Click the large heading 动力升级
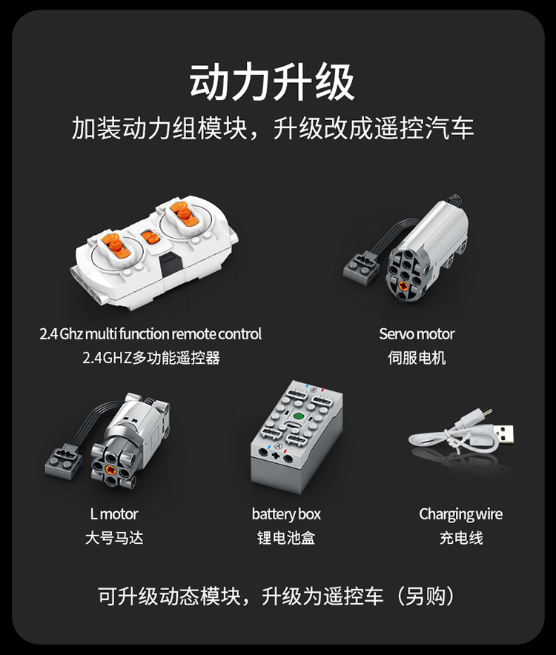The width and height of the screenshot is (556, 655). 272,82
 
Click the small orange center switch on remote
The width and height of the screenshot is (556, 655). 150,239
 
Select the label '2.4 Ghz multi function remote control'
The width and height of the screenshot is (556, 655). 150,334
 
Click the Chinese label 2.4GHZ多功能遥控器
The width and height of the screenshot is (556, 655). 151,358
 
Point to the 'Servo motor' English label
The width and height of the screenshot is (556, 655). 417,334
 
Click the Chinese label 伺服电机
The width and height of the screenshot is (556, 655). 417,358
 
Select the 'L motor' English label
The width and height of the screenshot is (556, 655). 114,513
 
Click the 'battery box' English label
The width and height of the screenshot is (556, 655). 286,513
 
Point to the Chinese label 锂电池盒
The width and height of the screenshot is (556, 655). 286,538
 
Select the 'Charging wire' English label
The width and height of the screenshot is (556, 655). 460,513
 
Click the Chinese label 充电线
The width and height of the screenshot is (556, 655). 460,538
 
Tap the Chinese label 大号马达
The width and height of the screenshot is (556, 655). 114,538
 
